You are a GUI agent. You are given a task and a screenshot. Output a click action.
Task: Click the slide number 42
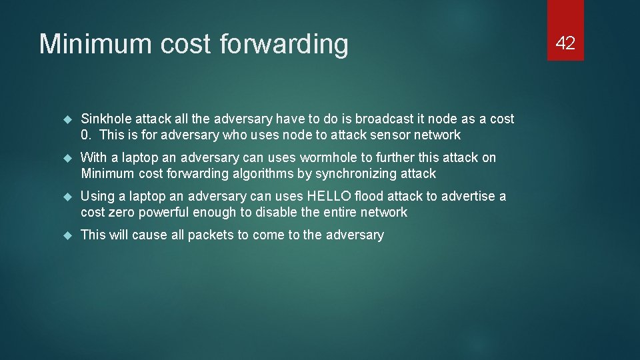565,43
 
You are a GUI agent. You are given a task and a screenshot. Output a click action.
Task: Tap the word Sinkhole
105,119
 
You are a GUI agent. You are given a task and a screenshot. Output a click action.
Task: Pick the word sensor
389,135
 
